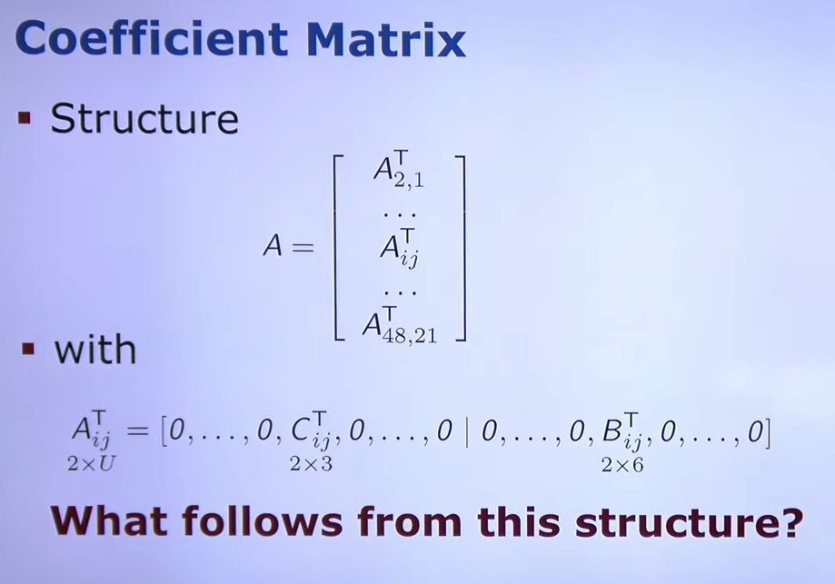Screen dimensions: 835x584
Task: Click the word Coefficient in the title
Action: [x=152, y=38]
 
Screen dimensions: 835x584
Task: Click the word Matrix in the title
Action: [x=386, y=38]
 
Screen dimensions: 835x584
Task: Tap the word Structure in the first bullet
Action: [x=144, y=118]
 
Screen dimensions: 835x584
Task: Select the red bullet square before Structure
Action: [x=25, y=117]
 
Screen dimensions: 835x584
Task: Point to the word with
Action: [x=95, y=350]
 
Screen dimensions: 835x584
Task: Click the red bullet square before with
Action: [x=28, y=350]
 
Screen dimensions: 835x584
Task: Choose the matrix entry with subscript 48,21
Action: [x=400, y=325]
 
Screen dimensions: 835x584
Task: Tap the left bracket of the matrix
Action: [x=336, y=247]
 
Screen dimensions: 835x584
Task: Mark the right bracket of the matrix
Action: [x=462, y=248]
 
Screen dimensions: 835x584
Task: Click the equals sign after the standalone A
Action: [x=303, y=247]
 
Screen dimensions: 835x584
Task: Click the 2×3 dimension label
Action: [x=311, y=464]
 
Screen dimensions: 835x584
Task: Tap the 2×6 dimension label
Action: [x=622, y=465]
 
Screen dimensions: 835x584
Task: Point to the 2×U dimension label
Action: [x=91, y=464]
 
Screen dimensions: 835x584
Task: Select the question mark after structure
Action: [x=792, y=522]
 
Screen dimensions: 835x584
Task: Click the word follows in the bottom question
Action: [x=263, y=520]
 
